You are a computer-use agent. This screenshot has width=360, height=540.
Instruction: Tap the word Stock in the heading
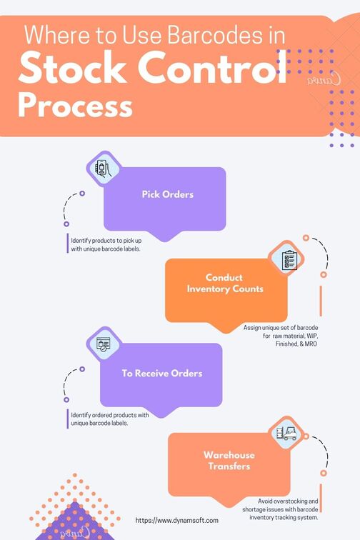click(x=73, y=67)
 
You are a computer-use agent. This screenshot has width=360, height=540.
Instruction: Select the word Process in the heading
click(x=75, y=105)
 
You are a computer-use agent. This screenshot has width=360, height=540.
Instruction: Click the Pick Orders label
click(x=168, y=194)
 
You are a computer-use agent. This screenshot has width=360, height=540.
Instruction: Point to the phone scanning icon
click(x=104, y=169)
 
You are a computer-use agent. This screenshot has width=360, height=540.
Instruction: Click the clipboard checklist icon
click(x=289, y=260)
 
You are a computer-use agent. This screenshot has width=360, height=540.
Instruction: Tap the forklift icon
click(x=286, y=433)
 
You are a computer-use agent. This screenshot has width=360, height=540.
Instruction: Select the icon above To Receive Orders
click(x=104, y=344)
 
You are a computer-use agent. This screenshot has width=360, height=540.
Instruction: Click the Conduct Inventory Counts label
click(x=224, y=283)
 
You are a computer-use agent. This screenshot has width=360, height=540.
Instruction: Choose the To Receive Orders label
click(x=162, y=374)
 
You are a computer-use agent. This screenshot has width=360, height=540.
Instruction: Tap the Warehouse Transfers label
click(x=229, y=461)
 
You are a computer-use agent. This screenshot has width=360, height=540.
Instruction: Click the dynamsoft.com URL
click(x=176, y=521)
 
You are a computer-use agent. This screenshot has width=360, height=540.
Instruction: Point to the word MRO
click(x=311, y=344)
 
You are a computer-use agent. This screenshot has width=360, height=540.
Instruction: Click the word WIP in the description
click(x=311, y=336)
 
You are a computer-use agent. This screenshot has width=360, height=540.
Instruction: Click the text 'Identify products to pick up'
click(x=106, y=241)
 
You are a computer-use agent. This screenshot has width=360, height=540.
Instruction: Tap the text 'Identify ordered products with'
click(x=110, y=415)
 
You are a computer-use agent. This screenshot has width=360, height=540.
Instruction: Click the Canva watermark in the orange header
click(x=324, y=79)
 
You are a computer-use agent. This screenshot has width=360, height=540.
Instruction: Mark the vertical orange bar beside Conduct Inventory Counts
click(x=321, y=301)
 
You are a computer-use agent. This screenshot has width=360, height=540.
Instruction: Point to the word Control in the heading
click(x=213, y=67)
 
